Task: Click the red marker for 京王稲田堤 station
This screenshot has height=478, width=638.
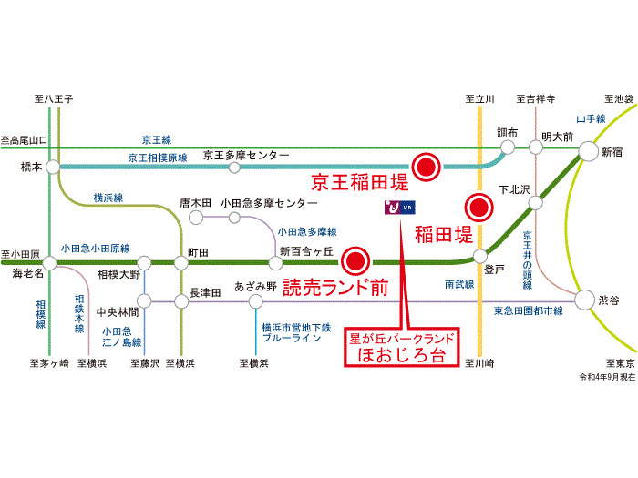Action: (x=426, y=166)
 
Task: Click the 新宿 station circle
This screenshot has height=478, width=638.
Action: (x=588, y=151)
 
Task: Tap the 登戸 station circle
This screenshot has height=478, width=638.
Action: (x=480, y=256)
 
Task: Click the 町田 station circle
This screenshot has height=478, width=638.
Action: (x=181, y=262)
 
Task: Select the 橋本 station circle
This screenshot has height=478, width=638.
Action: (x=52, y=167)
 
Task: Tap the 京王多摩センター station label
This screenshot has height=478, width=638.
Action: (x=246, y=155)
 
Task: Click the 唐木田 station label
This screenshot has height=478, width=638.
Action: (x=195, y=202)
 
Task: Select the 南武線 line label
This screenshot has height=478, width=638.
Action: (x=459, y=284)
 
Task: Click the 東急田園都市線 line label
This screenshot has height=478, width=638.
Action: (x=527, y=311)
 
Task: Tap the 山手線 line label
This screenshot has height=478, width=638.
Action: (x=591, y=118)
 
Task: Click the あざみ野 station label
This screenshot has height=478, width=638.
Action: (x=254, y=285)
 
